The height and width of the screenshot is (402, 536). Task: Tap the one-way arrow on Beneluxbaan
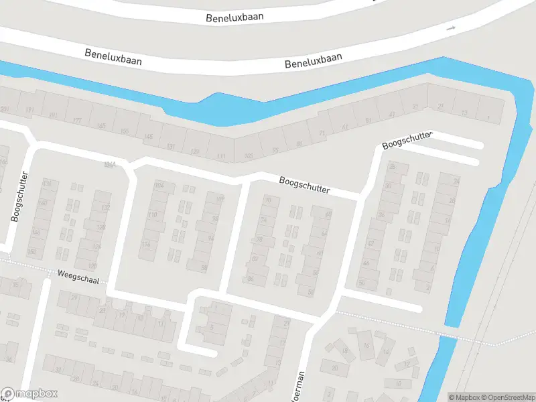click(x=451, y=28)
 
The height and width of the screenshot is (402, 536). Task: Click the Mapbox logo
click(x=29, y=394)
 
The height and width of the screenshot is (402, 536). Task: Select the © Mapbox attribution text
click(x=464, y=397)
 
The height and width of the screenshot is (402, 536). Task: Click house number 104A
click(x=110, y=165)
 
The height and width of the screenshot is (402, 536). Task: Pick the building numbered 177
click(x=78, y=121)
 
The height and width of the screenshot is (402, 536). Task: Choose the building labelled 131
click(x=171, y=146)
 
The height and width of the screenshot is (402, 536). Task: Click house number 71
click(x=322, y=134)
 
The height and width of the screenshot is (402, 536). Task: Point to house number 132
click(x=105, y=208)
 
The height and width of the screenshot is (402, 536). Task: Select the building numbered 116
click(x=145, y=245)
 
